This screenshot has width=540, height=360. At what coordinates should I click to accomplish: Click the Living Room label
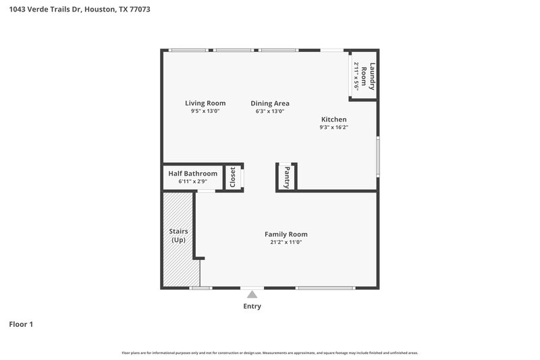coord(205,103)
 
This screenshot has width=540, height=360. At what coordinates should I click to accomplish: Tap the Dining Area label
coord(270,103)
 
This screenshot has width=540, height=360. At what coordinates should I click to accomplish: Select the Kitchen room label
coord(333,119)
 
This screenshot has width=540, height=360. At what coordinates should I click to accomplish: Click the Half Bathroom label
coord(192,174)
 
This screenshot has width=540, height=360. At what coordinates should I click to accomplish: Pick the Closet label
coord(233,178)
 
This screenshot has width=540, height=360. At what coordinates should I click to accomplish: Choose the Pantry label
coord(287,177)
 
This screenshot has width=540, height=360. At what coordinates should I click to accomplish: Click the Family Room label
coord(286,234)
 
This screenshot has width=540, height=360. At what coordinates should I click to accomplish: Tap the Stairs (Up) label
coord(178,236)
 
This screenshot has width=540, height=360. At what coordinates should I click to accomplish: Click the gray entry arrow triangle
coord(252,294)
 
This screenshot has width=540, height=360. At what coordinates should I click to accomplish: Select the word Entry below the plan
coord(252,307)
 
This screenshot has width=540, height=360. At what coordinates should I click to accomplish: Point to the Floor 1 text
coord(21,325)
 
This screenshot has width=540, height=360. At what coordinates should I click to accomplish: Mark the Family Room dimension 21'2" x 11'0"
coord(286,242)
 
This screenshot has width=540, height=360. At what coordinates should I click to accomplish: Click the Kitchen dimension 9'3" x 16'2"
coord(333,127)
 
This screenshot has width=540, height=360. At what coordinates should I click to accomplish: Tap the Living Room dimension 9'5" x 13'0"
coord(205,111)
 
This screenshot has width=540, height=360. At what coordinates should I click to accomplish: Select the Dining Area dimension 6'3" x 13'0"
coord(270,111)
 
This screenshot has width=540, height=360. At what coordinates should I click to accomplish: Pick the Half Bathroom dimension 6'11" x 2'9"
coord(192,181)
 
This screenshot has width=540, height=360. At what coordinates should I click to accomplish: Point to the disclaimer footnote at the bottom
coord(270,353)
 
